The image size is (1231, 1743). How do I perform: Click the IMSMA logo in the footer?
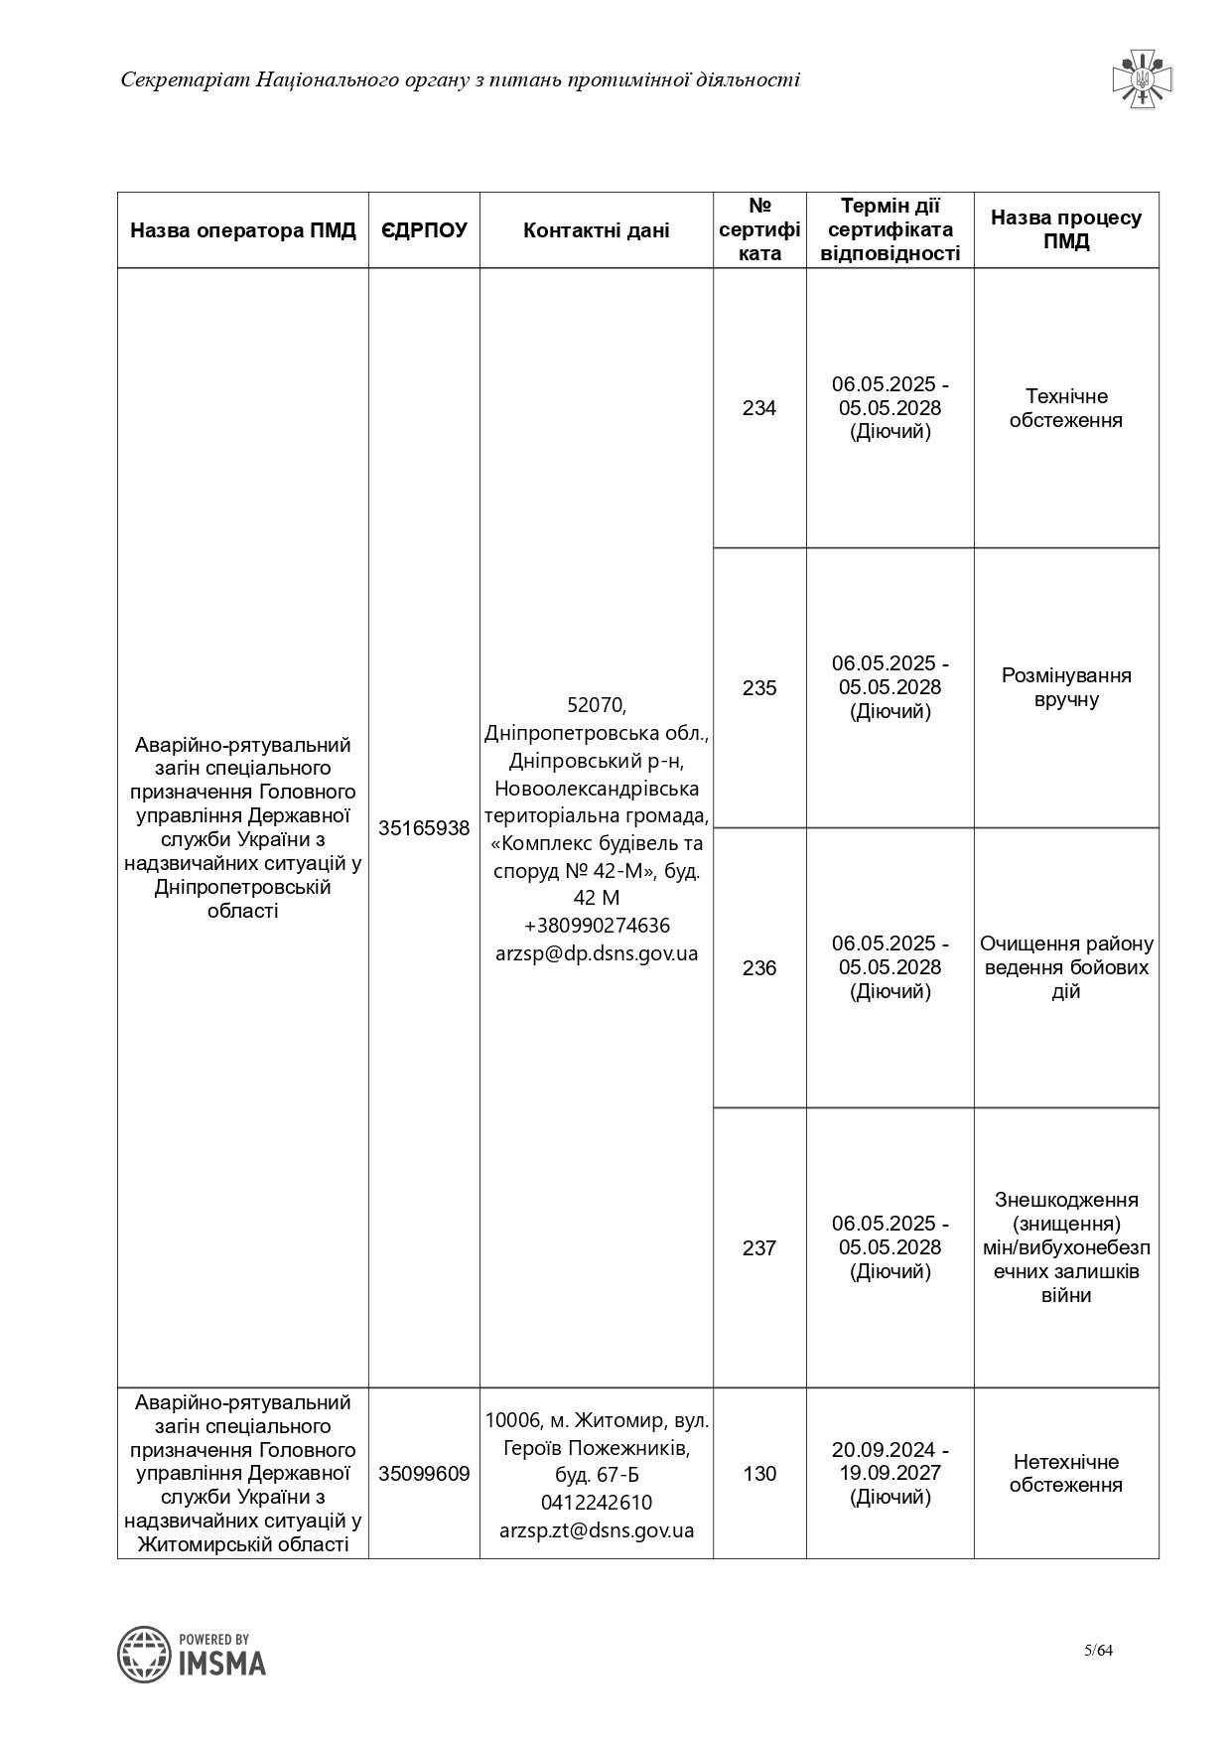pos(192,1654)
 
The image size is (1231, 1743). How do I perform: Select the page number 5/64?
pos(1098,1651)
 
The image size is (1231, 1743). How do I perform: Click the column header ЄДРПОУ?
pos(424,230)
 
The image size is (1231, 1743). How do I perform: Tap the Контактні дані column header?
pos(596,230)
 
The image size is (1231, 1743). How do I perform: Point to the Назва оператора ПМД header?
pos(243,230)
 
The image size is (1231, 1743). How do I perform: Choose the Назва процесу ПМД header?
pos(1066,229)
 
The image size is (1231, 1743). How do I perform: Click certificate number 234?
pos(759,408)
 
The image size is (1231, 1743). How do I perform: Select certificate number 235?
pos(759,688)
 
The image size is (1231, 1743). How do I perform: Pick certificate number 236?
pos(759,968)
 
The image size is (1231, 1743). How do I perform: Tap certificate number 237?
pos(759,1248)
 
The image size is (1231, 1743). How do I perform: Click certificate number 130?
pos(759,1474)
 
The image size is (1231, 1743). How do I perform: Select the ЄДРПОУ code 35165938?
pos(424,828)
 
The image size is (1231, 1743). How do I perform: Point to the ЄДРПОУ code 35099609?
pos(424,1474)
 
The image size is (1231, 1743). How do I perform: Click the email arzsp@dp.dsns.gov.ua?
pos(597,953)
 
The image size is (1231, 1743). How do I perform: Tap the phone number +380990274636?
pos(597,926)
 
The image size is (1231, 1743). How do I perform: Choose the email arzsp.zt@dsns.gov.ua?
pos(597,1530)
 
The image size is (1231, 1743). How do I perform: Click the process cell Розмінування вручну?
pos(1066,687)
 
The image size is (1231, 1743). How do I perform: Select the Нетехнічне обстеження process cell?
pos(1066,1474)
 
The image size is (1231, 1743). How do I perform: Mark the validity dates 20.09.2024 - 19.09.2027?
pos(890,1461)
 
